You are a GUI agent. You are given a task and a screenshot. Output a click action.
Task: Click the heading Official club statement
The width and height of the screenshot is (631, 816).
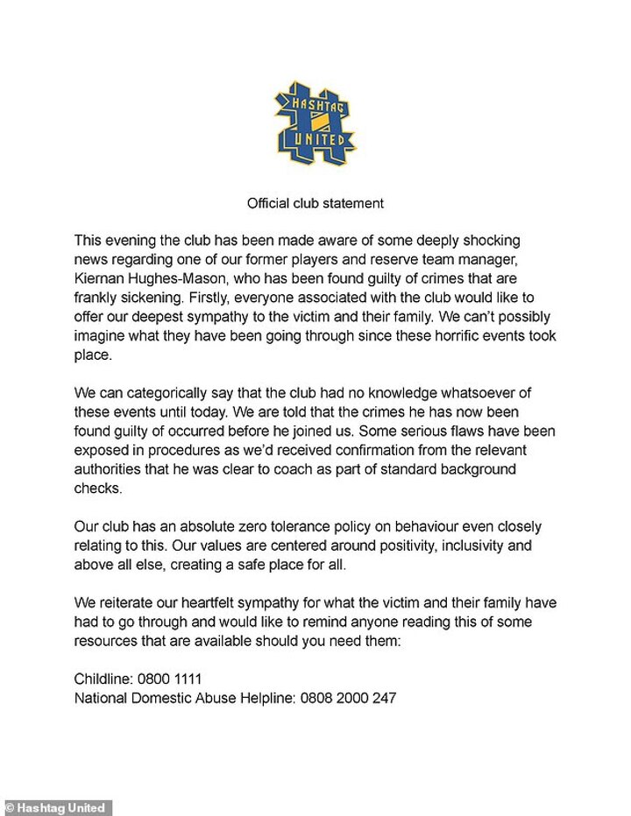(315, 203)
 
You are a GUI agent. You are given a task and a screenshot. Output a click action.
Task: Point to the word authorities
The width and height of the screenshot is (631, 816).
(114, 470)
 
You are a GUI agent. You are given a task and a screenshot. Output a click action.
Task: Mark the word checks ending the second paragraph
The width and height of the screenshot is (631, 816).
(97, 489)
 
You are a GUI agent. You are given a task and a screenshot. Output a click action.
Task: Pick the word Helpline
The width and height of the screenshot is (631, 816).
(267, 698)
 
